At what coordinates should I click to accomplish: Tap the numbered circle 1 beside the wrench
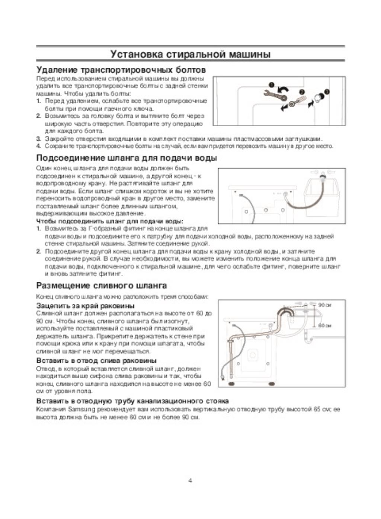coord(272,85)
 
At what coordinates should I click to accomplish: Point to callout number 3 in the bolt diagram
coord(326,91)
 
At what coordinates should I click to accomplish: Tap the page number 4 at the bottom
coord(190,480)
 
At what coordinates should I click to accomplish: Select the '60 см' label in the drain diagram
coord(325,325)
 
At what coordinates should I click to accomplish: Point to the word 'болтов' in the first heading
coord(189,70)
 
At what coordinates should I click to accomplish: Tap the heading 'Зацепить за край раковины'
coord(85,306)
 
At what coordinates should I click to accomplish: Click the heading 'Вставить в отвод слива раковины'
coord(96,360)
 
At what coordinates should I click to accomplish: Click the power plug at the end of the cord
coord(222,378)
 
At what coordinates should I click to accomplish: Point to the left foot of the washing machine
coord(231,382)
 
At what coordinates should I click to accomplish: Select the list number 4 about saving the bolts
coord(38,146)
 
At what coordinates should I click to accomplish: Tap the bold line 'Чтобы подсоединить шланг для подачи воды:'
coord(110,221)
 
